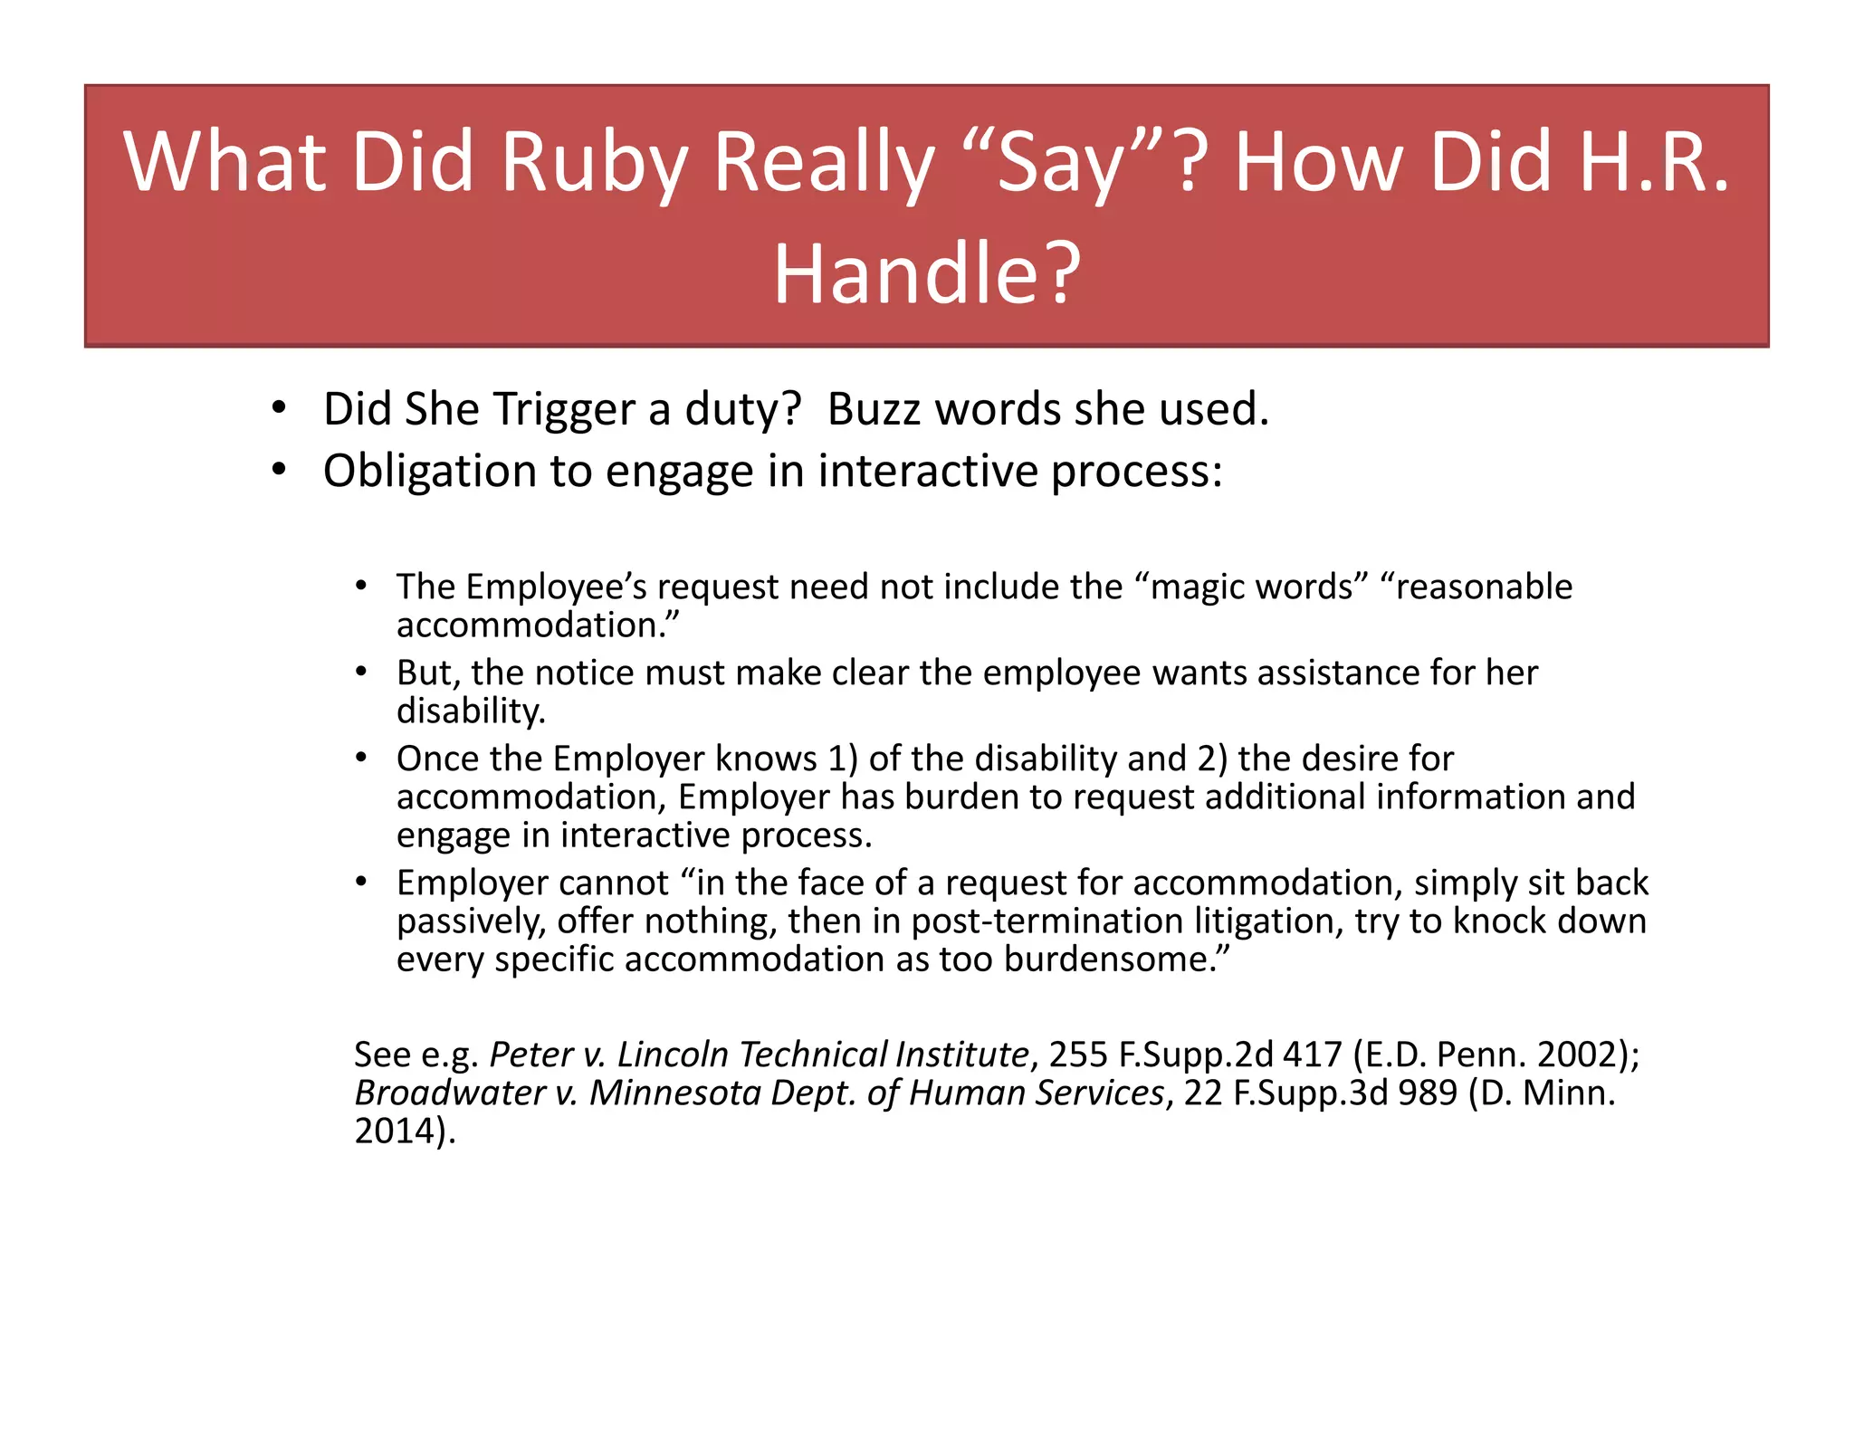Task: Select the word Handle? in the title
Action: [927, 274]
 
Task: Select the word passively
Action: [471, 921]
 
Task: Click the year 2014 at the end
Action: [396, 1131]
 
